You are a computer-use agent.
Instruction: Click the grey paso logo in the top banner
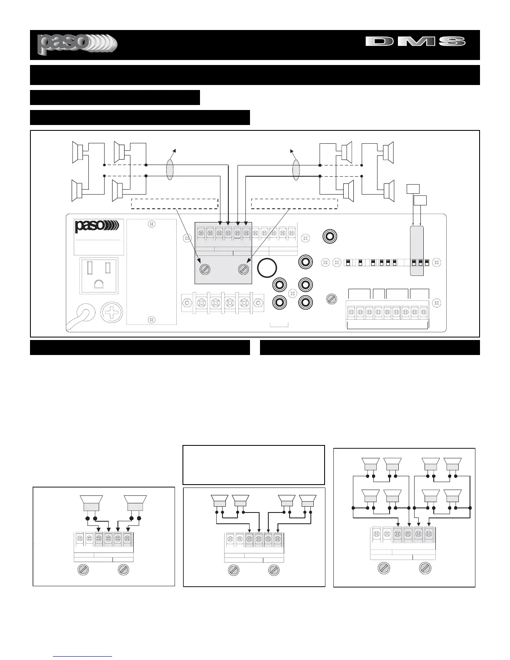(x=77, y=44)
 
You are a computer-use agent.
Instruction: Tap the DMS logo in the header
(x=415, y=41)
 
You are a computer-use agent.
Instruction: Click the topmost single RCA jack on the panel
(x=330, y=236)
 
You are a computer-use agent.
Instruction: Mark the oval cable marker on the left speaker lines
(x=169, y=170)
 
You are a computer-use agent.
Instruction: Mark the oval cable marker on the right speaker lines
(x=296, y=170)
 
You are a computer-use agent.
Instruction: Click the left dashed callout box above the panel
(x=175, y=203)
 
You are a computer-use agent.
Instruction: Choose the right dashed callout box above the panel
(x=294, y=203)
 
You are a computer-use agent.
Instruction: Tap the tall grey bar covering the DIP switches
(x=417, y=251)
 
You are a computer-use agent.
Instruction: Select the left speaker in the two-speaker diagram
(x=91, y=503)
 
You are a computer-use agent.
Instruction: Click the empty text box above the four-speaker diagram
(x=253, y=465)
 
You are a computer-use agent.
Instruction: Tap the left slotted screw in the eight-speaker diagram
(x=384, y=568)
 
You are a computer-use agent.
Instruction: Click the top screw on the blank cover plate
(x=152, y=224)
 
